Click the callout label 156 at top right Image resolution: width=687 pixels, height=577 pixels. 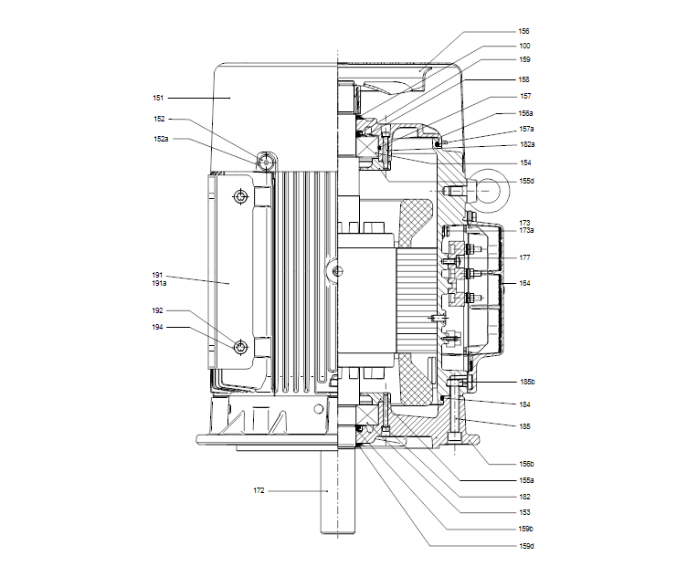pyautogui.click(x=524, y=30)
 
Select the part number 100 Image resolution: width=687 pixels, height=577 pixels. pyautogui.click(x=524, y=46)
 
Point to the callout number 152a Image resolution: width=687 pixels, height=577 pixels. pyautogui.click(x=161, y=139)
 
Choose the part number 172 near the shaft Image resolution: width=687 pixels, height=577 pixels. pyautogui.click(x=259, y=491)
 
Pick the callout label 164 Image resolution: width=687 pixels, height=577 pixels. pyautogui.click(x=524, y=283)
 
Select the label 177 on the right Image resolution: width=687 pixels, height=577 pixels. pyautogui.click(x=524, y=258)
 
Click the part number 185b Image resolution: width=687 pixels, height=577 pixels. pyautogui.click(x=526, y=382)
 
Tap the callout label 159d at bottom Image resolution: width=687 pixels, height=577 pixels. pyautogui.click(x=526, y=546)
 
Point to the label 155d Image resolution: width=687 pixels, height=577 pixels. pyautogui.click(x=526, y=181)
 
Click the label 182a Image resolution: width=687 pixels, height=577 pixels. pyautogui.click(x=526, y=144)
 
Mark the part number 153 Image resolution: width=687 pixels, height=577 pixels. pyautogui.click(x=524, y=512)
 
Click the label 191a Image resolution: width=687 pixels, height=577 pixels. pyautogui.click(x=158, y=284)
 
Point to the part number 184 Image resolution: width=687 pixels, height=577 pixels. pyautogui.click(x=524, y=404)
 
